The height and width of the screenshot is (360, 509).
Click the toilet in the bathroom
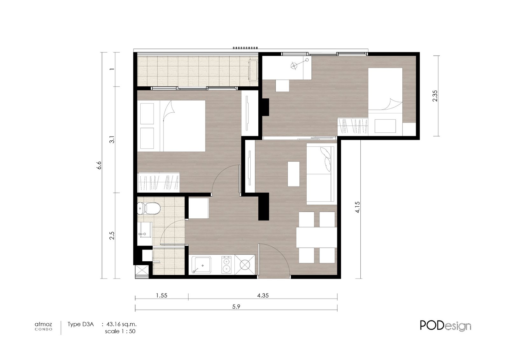tap(149, 208)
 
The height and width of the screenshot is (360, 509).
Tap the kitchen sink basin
tap(201, 265)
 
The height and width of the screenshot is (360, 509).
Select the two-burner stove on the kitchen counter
tap(226, 265)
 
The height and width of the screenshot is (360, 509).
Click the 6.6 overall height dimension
tap(99, 165)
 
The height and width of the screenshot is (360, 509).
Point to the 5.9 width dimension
tap(236, 307)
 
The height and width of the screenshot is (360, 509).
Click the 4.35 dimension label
tap(263, 295)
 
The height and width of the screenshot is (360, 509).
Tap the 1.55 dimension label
tap(162, 295)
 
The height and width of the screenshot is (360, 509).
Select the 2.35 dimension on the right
tap(435, 96)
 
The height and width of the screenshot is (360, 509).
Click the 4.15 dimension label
tap(358, 207)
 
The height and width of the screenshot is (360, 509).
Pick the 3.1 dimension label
tap(112, 139)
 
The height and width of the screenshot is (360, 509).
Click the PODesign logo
tap(445, 326)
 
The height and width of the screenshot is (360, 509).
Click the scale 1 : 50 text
tap(120, 331)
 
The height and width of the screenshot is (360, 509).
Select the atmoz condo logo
tap(43, 326)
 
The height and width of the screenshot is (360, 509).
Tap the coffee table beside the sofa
tap(294, 174)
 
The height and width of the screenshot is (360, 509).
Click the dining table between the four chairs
tap(317, 237)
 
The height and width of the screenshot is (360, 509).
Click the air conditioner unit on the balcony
tap(253, 70)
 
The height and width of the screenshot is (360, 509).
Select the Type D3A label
tap(81, 324)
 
